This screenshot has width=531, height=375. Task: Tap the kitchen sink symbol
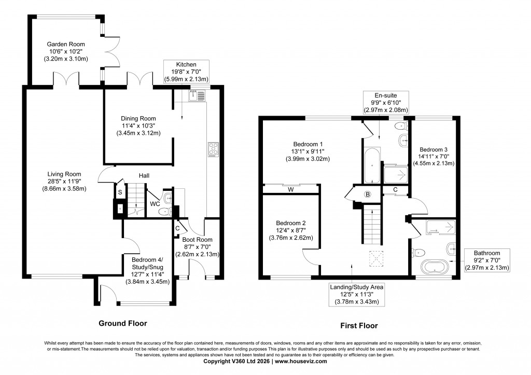pyautogui.click(x=198, y=95)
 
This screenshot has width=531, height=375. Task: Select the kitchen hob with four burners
pyautogui.click(x=214, y=149)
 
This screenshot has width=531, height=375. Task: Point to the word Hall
pyautogui.click(x=144, y=176)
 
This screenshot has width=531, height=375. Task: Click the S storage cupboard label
pyautogui.click(x=120, y=192)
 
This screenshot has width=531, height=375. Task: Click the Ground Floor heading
pyautogui.click(x=123, y=323)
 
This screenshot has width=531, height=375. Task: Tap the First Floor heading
pyautogui.click(x=358, y=326)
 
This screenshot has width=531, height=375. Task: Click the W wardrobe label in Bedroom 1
pyautogui.click(x=291, y=189)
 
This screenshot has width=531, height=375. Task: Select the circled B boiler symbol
pyautogui.click(x=368, y=195)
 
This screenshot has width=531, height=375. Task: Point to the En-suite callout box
pyautogui.click(x=386, y=102)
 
